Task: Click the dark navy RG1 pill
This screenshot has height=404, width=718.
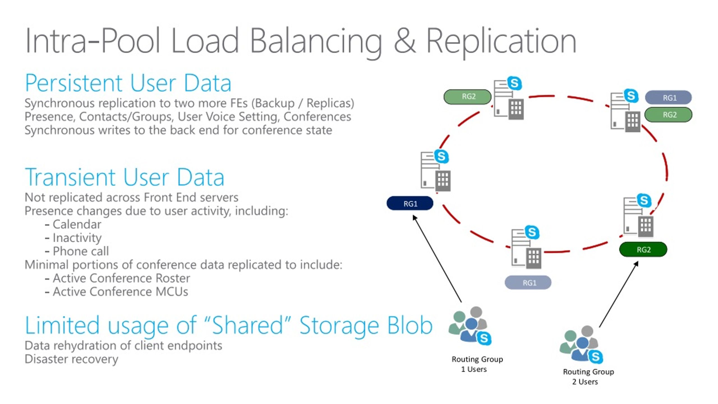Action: pyautogui.click(x=410, y=203)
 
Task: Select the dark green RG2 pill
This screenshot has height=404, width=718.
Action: pyautogui.click(x=643, y=249)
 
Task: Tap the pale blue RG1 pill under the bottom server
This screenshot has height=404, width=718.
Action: pyautogui.click(x=528, y=282)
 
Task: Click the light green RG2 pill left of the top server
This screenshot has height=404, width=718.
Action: pyautogui.click(x=468, y=97)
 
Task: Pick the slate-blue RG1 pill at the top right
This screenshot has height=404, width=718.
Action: pyautogui.click(x=668, y=98)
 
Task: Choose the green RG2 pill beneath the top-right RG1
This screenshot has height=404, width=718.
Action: pyautogui.click(x=668, y=115)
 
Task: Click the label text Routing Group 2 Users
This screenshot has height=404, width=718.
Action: pyautogui.click(x=588, y=376)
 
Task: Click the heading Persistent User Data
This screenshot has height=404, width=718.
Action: pyautogui.click(x=128, y=83)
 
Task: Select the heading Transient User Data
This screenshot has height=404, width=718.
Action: pyautogui.click(x=125, y=177)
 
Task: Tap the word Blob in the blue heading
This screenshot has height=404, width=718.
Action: pyautogui.click(x=409, y=326)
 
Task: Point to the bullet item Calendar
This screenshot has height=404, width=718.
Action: pyautogui.click(x=77, y=224)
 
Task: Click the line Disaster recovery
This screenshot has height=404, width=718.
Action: pyautogui.click(x=71, y=359)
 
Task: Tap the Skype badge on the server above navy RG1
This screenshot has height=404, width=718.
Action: pyautogui.click(x=441, y=156)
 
